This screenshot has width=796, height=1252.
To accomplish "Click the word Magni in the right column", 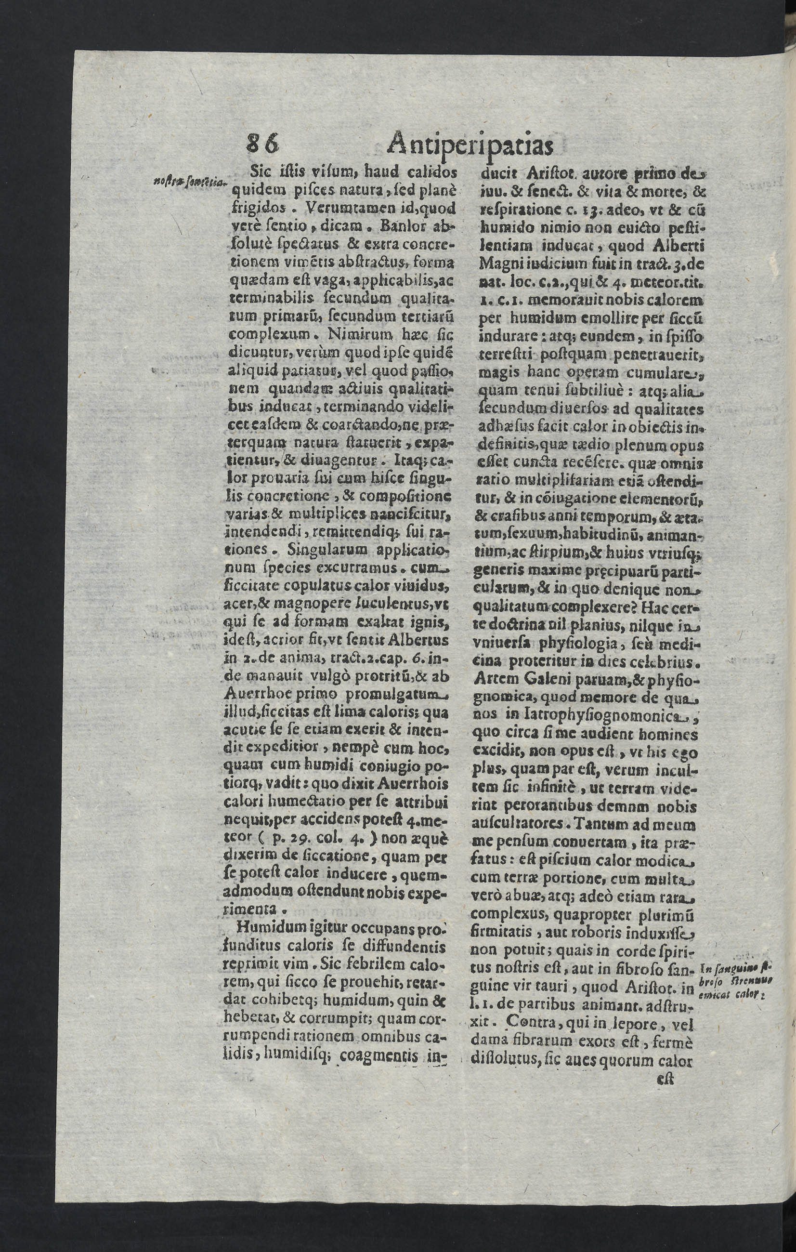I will pyautogui.click(x=500, y=264).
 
